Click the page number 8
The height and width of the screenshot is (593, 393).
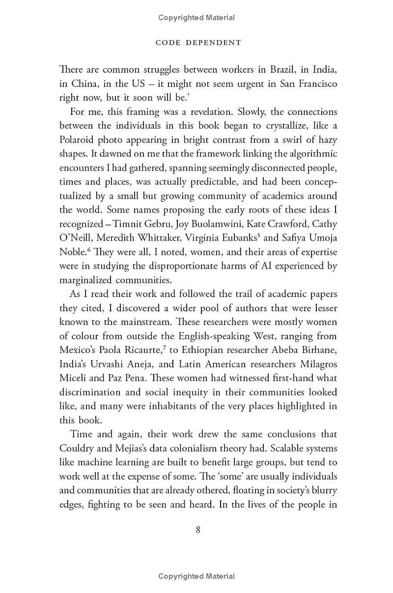pos(198,529)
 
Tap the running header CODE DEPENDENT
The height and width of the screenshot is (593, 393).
pos(198,43)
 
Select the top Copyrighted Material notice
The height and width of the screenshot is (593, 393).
pos(196,18)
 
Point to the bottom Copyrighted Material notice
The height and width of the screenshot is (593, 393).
pos(196,576)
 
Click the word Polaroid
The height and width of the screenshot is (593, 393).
pos(79,139)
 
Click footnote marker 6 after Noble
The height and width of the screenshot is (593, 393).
pos(89,249)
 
